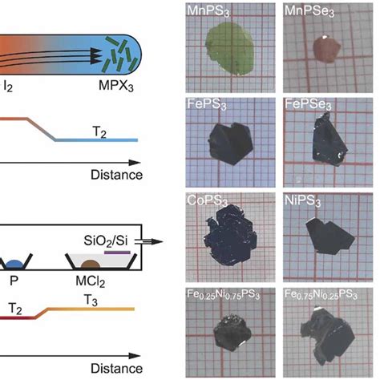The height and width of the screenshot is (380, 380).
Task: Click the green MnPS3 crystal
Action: (x=229, y=51)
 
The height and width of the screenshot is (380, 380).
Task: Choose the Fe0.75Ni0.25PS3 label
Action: (x=327, y=295)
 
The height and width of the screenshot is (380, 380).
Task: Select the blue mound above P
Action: (x=14, y=262)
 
